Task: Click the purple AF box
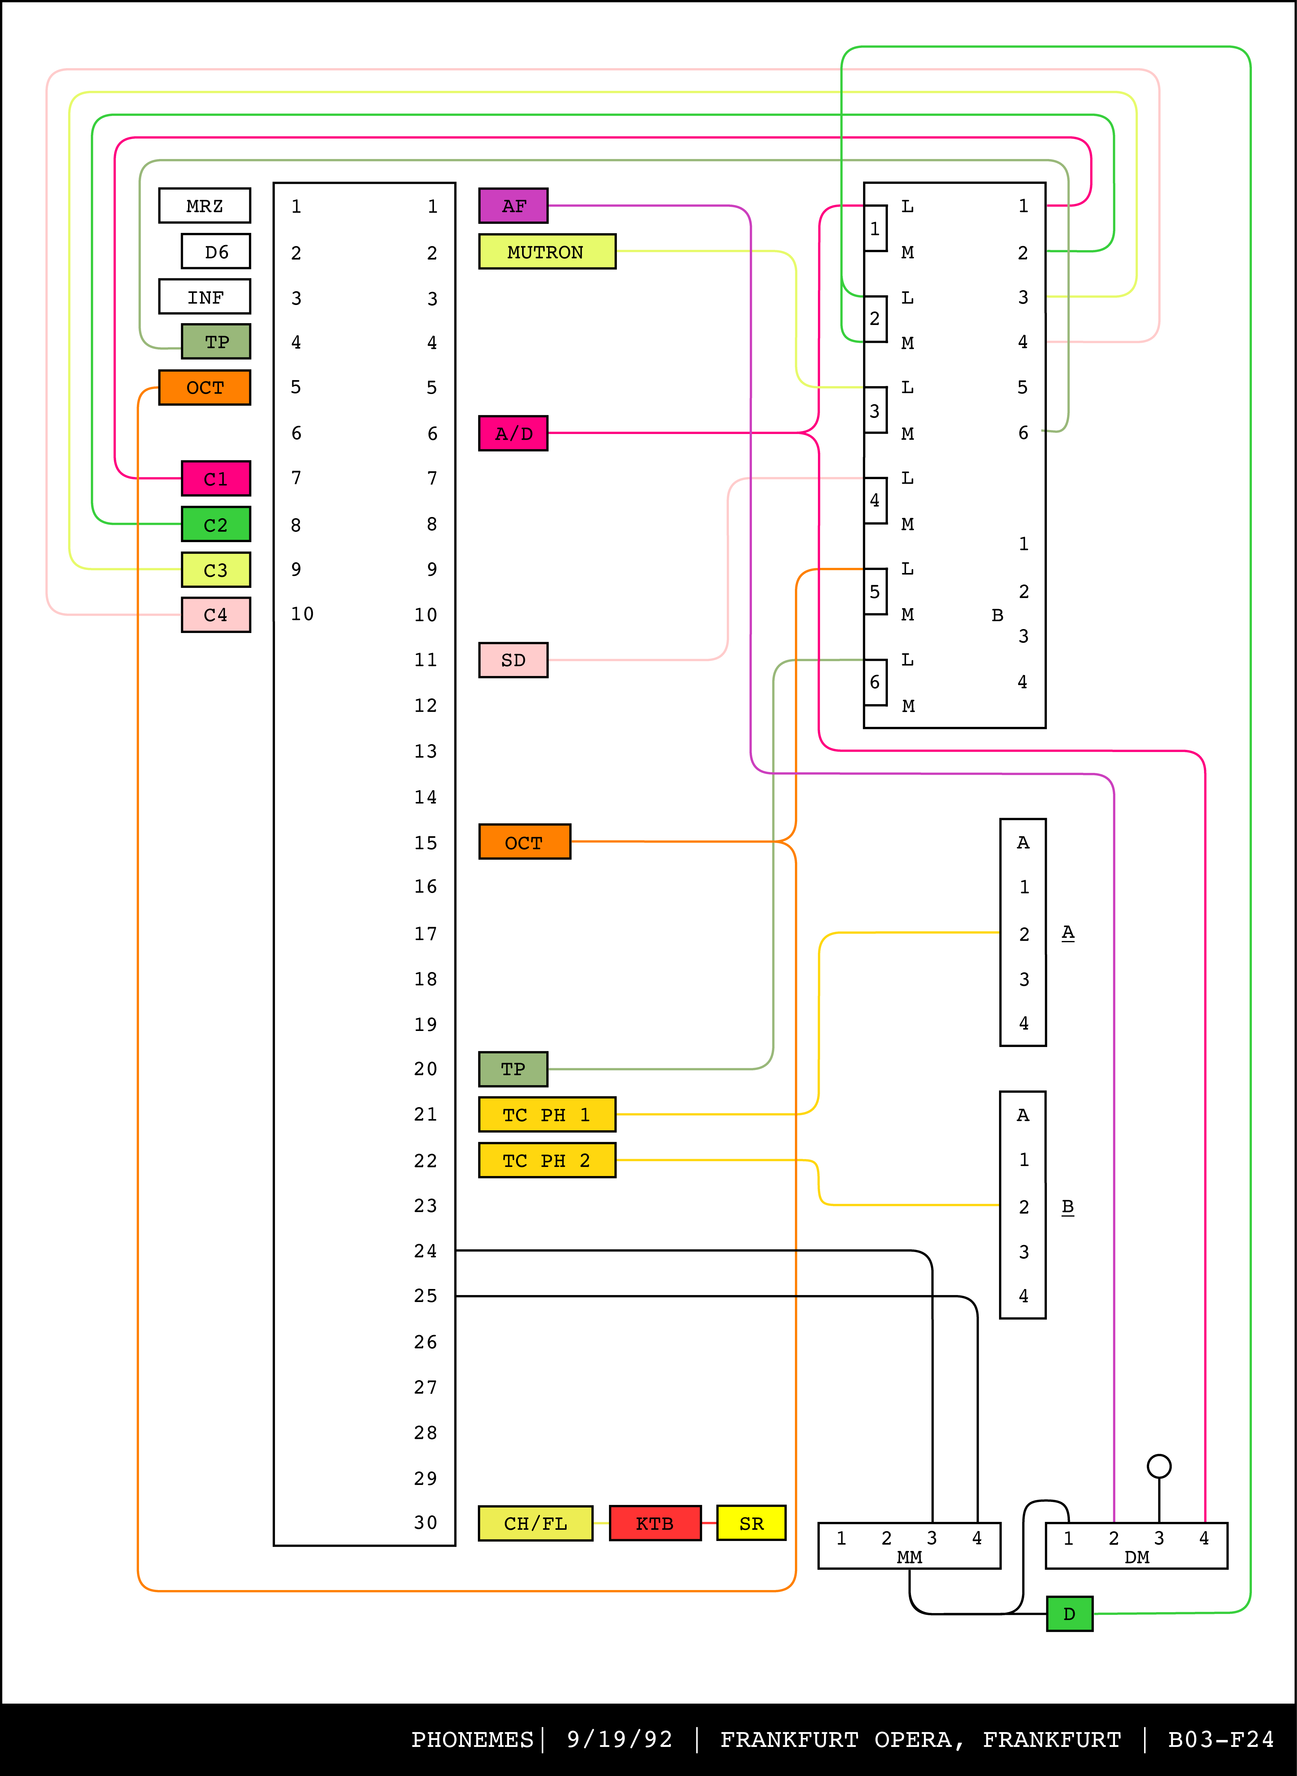[514, 206]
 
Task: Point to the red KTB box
[655, 1523]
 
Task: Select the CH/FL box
[535, 1523]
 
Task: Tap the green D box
[1069, 1613]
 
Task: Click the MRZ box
[204, 206]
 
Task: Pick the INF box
[204, 297]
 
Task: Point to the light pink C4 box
[216, 615]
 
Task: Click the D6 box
[216, 251]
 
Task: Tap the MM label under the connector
[909, 1557]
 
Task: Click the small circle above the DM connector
[1159, 1466]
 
